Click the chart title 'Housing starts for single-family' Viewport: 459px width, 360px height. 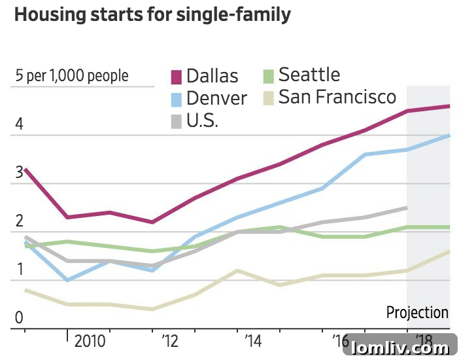coord(152,16)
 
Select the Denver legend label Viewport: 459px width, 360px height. coord(216,98)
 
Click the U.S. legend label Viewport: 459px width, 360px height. coord(202,121)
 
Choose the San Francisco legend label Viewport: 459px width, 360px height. coord(337,98)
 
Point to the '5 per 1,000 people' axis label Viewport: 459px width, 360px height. coord(72,76)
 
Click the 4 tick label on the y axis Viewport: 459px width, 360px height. coord(20,124)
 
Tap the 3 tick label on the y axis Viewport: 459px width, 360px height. coord(20,173)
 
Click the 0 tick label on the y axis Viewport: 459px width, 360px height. coord(20,318)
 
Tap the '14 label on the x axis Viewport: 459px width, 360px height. coord(253,341)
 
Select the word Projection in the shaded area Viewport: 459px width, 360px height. coord(417,312)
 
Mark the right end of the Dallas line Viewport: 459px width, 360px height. coord(449,106)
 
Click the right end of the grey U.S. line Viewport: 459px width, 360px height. coord(406,207)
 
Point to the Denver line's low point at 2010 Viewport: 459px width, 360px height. coord(67,280)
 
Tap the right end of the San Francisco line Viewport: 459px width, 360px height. coord(449,251)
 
